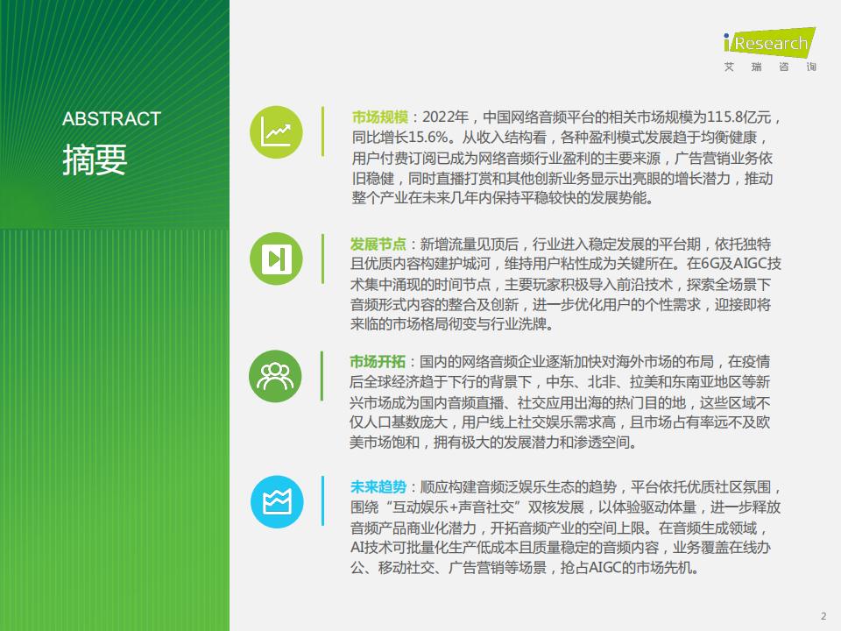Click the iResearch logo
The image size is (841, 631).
pyautogui.click(x=769, y=41)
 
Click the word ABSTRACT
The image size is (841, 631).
pyautogui.click(x=111, y=118)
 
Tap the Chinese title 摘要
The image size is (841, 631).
pyautogui.click(x=95, y=160)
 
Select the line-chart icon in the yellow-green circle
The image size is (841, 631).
pyautogui.click(x=276, y=132)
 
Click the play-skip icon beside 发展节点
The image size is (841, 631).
pyautogui.click(x=276, y=259)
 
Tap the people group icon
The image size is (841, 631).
pyautogui.click(x=275, y=376)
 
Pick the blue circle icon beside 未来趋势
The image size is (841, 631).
pyautogui.click(x=277, y=501)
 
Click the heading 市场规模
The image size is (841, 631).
pyautogui.click(x=379, y=117)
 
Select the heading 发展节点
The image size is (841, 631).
pyautogui.click(x=378, y=245)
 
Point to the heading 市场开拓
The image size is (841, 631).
pyautogui.click(x=378, y=362)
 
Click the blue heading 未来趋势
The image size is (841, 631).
pyautogui.click(x=378, y=486)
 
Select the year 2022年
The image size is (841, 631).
pyautogui.click(x=446, y=117)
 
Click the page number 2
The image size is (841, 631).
pyautogui.click(x=823, y=616)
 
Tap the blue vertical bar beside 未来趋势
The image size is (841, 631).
pyautogui.click(x=322, y=500)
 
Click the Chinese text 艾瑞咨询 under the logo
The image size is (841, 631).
pyautogui.click(x=770, y=67)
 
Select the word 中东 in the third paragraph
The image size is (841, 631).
pyautogui.click(x=560, y=382)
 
